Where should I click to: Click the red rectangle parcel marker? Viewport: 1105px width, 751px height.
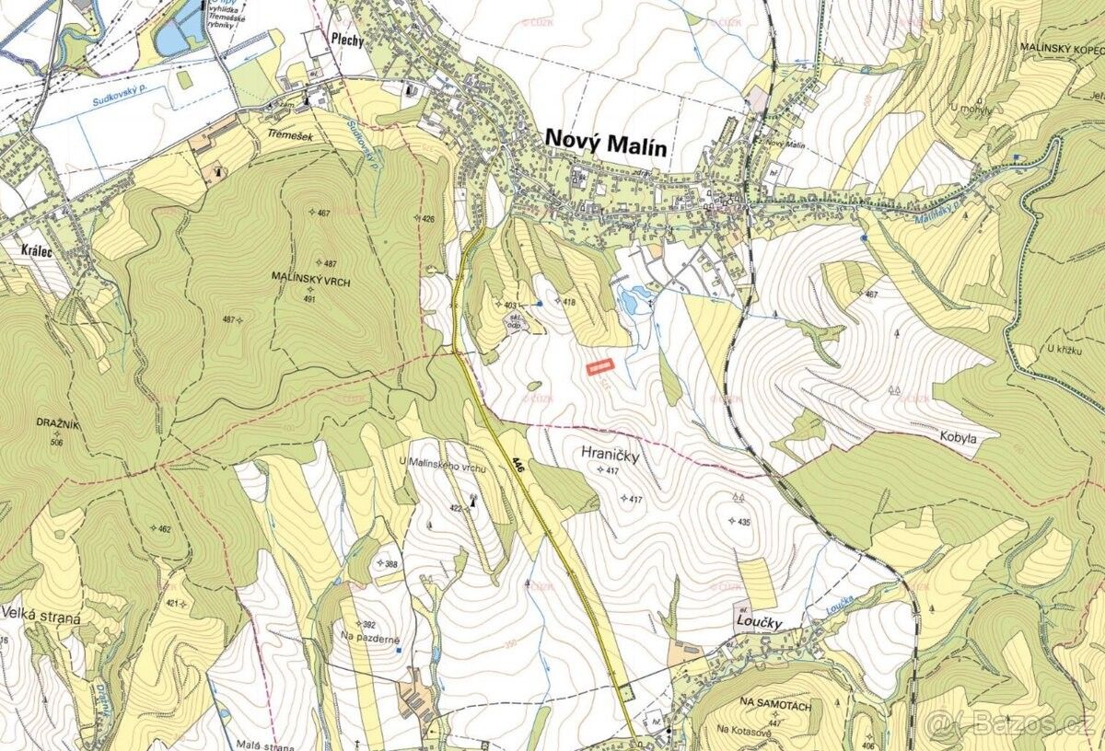[x=600, y=367]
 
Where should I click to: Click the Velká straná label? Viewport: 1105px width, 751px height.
[x=41, y=618]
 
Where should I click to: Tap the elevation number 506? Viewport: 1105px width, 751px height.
[x=58, y=442]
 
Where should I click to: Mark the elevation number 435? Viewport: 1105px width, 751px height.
[x=744, y=520]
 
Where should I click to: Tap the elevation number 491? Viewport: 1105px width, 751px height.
[x=309, y=298]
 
